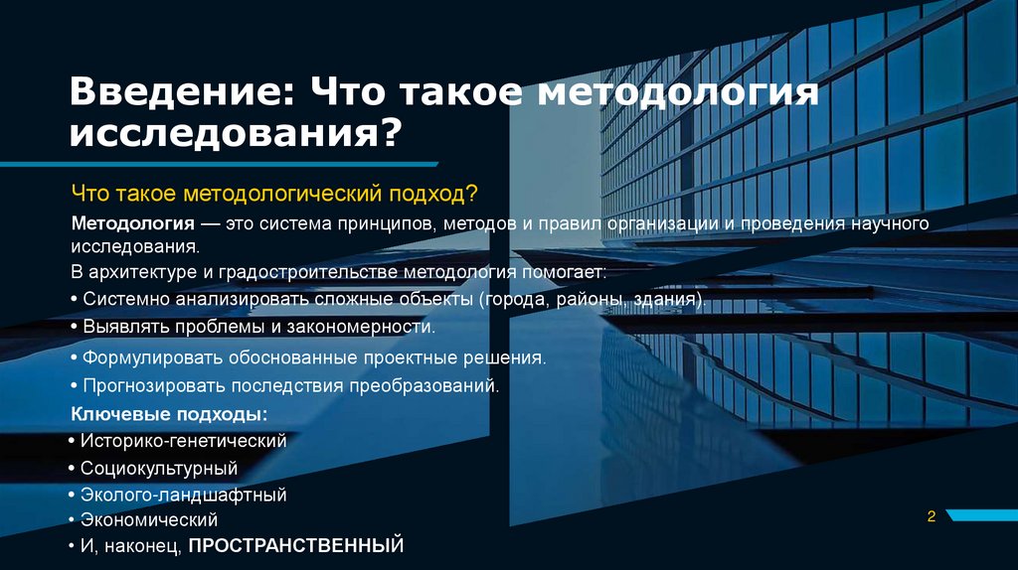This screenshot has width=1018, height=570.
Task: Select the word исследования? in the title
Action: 236,134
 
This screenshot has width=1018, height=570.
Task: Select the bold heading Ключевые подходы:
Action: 170,413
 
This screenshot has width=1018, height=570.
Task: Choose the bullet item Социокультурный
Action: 159,467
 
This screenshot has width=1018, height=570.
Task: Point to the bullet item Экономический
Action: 149,519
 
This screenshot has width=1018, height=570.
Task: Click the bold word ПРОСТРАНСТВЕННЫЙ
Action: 296,545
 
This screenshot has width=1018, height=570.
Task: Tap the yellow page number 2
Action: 932,515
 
